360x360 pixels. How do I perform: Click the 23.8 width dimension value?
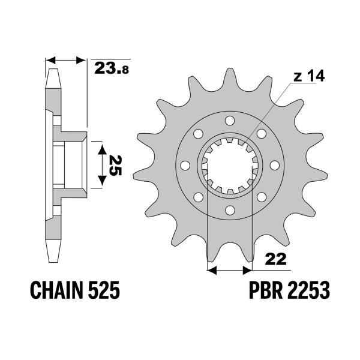[112, 68]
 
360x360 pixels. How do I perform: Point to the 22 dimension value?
[277, 259]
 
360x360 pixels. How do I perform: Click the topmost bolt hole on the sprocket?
[229, 121]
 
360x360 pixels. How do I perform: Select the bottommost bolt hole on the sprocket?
[229, 209]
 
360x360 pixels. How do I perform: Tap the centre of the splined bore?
[229, 165]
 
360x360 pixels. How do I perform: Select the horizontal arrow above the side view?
[67, 61]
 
